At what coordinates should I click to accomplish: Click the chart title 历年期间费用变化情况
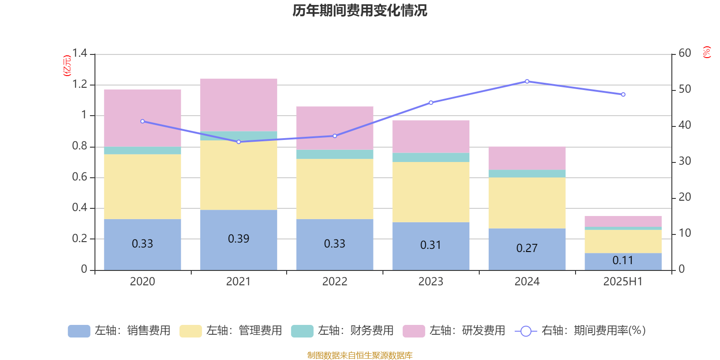pyautogui.click(x=360, y=10)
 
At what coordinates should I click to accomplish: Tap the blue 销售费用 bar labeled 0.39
pyautogui.click(x=238, y=239)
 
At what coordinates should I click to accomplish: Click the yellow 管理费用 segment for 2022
pyautogui.click(x=335, y=189)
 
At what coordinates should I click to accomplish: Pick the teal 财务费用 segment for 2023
pyautogui.click(x=431, y=157)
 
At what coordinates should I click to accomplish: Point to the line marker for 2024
pyautogui.click(x=527, y=81)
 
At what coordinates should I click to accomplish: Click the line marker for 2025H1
pyautogui.click(x=623, y=94)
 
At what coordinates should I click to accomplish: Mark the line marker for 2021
pyautogui.click(x=238, y=142)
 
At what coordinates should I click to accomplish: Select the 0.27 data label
pyautogui.click(x=527, y=248)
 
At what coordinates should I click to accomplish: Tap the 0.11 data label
pyautogui.click(x=623, y=261)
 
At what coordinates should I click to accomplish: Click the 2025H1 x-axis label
pyautogui.click(x=623, y=282)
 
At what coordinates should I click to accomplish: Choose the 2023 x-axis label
pyautogui.click(x=431, y=282)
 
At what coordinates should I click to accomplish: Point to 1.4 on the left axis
pyautogui.click(x=80, y=54)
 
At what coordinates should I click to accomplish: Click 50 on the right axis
pyautogui.click(x=684, y=89)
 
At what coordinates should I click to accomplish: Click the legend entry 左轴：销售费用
pyautogui.click(x=119, y=331)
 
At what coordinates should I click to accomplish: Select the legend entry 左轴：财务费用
pyautogui.click(x=342, y=331)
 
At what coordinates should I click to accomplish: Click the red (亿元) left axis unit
pyautogui.click(x=67, y=66)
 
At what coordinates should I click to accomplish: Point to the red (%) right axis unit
pyautogui.click(x=707, y=52)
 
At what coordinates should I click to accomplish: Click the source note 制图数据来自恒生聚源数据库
pyautogui.click(x=360, y=355)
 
